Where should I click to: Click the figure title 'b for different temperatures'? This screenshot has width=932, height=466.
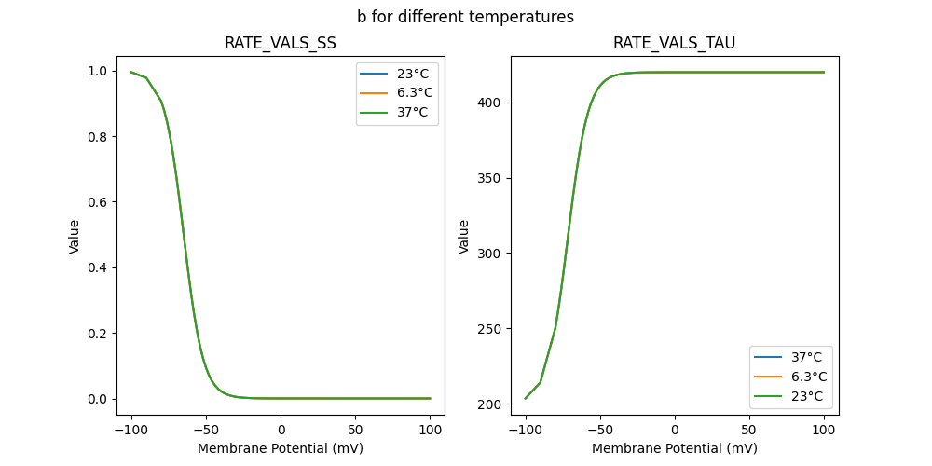coord(465,17)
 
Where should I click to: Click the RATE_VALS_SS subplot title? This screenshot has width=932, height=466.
coord(281,44)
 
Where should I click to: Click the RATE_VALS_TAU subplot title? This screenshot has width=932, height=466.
coord(674,44)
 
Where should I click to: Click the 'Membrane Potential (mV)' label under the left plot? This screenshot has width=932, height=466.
coord(281,448)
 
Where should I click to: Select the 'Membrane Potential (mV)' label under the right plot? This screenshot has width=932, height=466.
coord(674,448)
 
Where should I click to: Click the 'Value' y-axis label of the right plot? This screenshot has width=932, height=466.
coord(463,237)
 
